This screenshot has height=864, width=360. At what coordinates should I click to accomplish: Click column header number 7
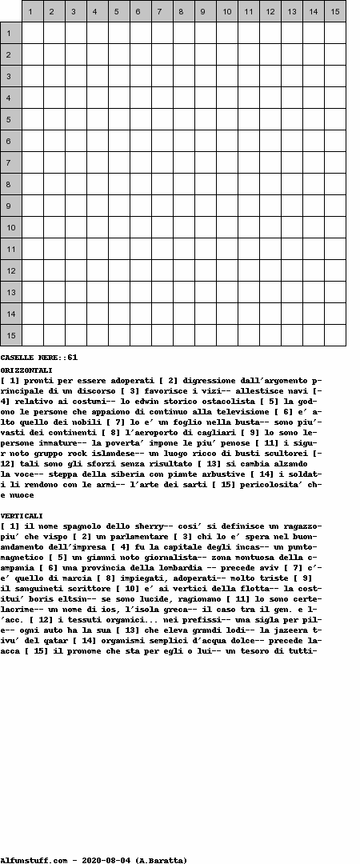[162, 11]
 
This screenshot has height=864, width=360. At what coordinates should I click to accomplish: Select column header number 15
[335, 11]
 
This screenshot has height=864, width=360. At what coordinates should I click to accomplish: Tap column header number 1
[33, 11]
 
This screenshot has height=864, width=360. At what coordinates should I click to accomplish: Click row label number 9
[10, 206]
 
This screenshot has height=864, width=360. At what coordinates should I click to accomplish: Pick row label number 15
[10, 335]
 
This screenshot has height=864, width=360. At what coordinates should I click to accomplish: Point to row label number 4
[10, 98]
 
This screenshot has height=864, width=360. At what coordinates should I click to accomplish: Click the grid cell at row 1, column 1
[33, 33]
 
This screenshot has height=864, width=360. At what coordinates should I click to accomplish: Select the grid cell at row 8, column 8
[184, 184]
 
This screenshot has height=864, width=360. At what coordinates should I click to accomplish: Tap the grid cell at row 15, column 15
[335, 335]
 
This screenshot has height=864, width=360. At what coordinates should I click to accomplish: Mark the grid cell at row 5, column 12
[270, 119]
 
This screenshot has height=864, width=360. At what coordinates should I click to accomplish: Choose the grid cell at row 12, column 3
[76, 270]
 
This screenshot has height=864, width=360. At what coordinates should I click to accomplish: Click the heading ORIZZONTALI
[26, 370]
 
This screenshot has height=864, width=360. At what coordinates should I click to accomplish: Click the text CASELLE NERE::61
[39, 357]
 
